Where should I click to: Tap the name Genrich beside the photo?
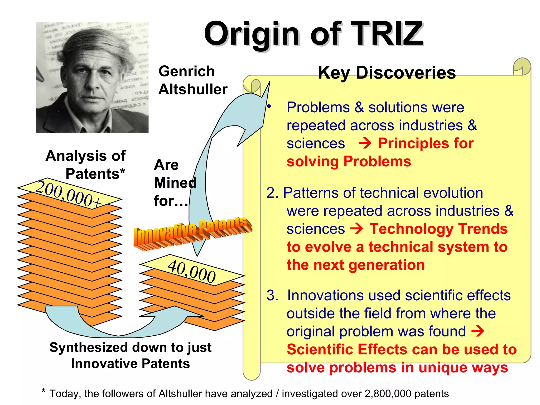(x=187, y=71)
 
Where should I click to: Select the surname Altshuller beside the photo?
(x=193, y=89)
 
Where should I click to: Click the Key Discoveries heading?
(x=387, y=73)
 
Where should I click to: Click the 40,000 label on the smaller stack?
(x=192, y=272)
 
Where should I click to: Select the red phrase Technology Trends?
(x=438, y=229)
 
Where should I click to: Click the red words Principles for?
(x=426, y=144)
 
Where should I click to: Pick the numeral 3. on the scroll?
(x=272, y=295)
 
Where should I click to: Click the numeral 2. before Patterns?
(x=272, y=193)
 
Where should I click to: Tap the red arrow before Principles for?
(x=365, y=144)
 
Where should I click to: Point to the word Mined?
(x=175, y=183)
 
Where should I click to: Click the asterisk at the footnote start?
(x=44, y=391)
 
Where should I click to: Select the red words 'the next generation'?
(x=356, y=265)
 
